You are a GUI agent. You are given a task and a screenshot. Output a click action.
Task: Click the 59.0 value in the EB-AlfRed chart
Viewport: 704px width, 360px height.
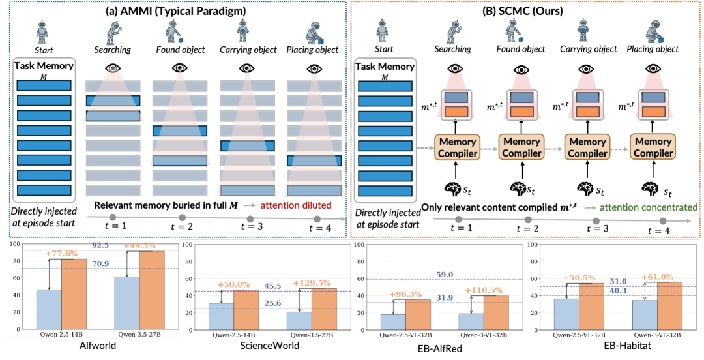(x=439, y=275)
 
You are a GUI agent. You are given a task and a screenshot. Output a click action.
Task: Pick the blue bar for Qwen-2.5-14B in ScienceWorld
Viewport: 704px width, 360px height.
(x=221, y=316)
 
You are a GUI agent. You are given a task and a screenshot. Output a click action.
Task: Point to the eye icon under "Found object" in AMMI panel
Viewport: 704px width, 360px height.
(x=180, y=68)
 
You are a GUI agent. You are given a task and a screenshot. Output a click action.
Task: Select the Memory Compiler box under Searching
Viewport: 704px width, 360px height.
(x=457, y=147)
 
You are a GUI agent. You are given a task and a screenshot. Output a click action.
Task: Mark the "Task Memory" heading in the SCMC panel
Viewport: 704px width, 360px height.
(x=384, y=67)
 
